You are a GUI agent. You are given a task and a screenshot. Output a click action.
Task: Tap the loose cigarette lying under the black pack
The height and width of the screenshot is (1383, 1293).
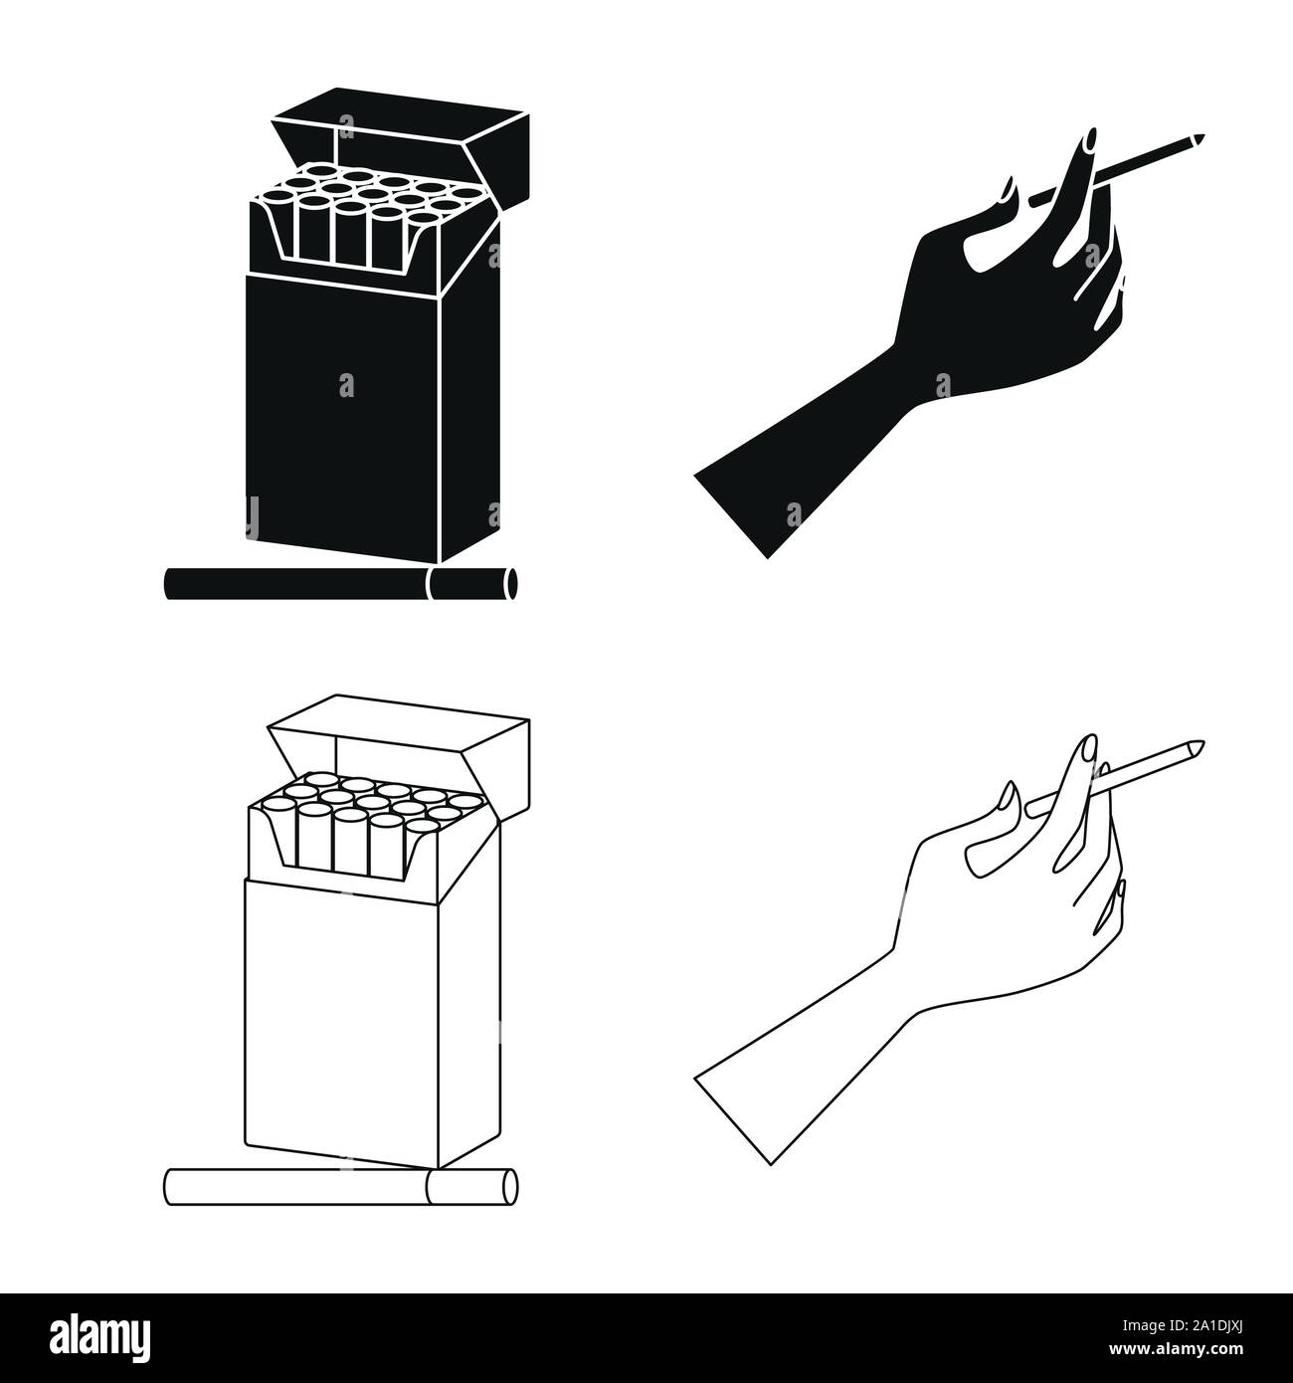point(298,583)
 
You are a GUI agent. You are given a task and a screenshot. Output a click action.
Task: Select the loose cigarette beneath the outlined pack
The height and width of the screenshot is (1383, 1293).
point(298,1186)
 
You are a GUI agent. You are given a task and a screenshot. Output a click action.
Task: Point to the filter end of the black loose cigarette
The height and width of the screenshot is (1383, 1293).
point(471,583)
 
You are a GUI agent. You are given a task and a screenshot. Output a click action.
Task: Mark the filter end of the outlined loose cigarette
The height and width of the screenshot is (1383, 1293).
point(471,1186)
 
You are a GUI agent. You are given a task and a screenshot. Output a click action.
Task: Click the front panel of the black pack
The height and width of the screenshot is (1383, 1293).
point(343,408)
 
